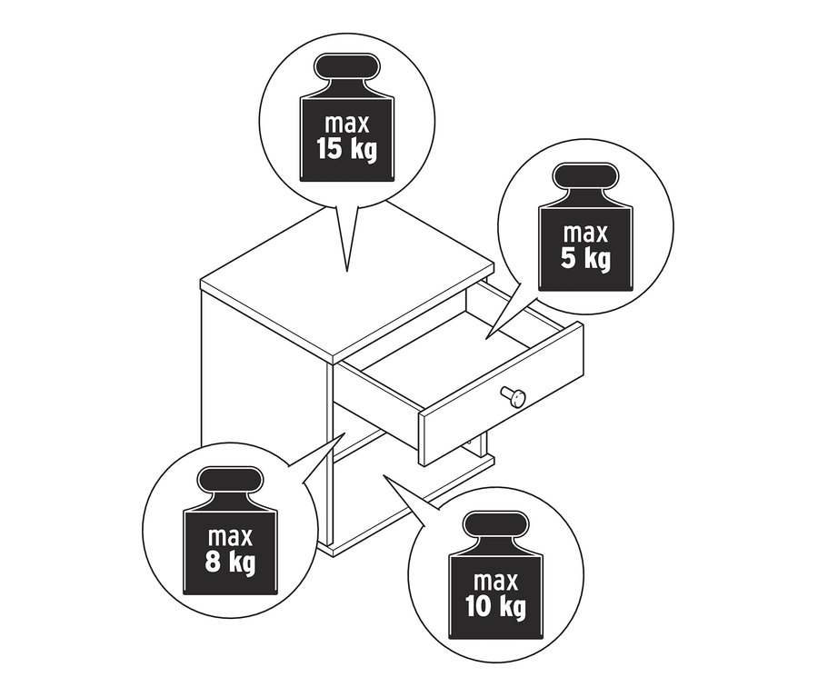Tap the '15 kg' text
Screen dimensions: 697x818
(x=345, y=148)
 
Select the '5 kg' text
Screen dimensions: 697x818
(x=585, y=258)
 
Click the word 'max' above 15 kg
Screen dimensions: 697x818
(x=345, y=123)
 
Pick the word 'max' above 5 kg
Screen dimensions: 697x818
(x=585, y=233)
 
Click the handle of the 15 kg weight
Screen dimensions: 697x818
(x=345, y=70)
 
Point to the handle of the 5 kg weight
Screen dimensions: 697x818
(x=585, y=179)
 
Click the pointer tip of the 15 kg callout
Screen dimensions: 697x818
(x=347, y=272)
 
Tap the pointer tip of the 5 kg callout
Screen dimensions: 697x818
(x=485, y=338)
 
